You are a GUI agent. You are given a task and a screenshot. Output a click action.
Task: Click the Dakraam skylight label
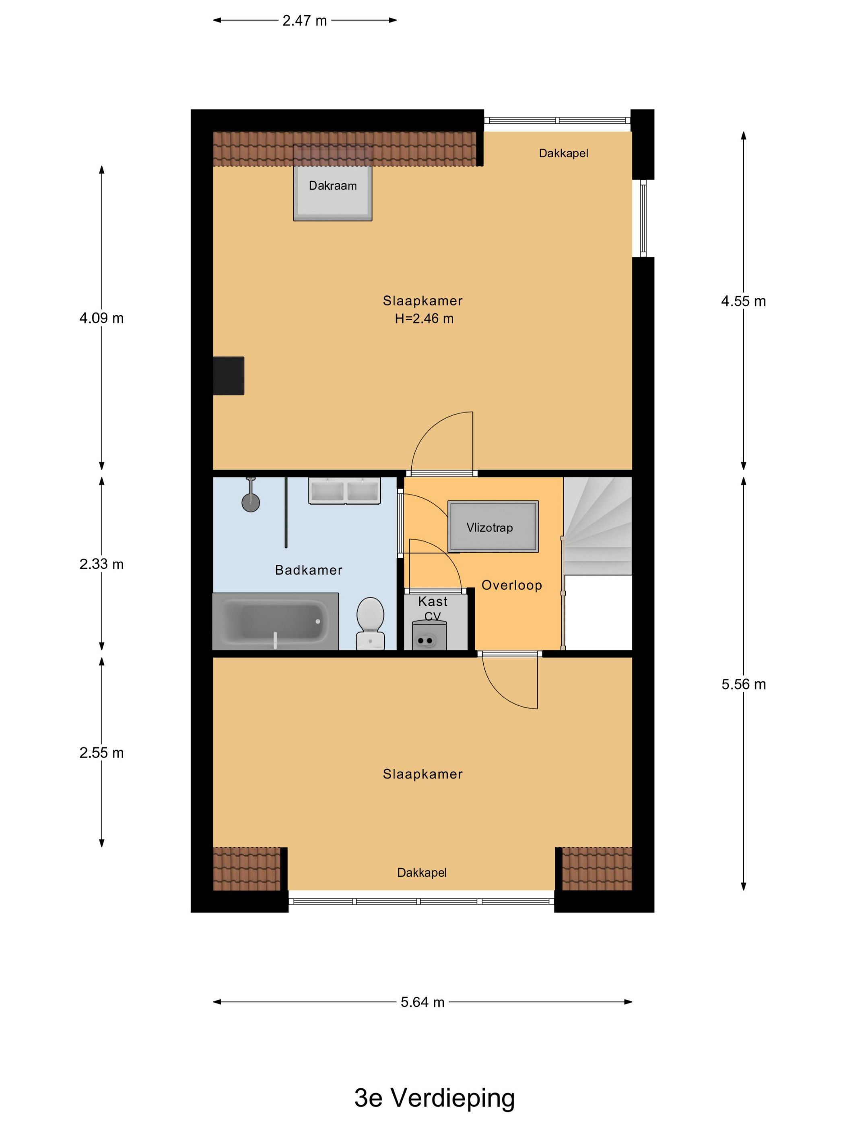tap(333, 186)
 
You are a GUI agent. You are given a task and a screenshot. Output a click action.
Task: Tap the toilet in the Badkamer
tap(370, 621)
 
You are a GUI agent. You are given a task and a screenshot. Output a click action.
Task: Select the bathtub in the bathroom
tap(276, 621)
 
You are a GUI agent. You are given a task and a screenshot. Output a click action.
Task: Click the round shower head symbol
tap(251, 503)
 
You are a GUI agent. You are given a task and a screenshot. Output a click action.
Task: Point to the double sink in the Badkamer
tap(344, 491)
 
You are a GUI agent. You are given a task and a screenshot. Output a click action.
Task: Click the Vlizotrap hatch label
tap(489, 527)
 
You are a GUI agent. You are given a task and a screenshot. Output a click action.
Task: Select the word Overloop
tap(511, 585)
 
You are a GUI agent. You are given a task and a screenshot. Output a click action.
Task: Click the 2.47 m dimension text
tap(305, 21)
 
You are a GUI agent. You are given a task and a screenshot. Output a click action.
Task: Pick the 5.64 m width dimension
tap(422, 1002)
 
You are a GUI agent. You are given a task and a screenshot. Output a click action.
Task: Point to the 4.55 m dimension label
tap(743, 301)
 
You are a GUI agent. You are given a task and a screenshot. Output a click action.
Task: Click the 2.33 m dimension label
tap(101, 564)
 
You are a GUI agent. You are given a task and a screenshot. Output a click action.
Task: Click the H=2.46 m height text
tap(424, 319)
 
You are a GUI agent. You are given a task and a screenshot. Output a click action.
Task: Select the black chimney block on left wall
tap(229, 376)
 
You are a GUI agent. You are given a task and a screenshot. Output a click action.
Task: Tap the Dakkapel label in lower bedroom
tap(422, 873)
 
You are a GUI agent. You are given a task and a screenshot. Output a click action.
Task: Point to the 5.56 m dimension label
tap(743, 684)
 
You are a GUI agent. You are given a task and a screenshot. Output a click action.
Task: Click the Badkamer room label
tap(309, 570)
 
